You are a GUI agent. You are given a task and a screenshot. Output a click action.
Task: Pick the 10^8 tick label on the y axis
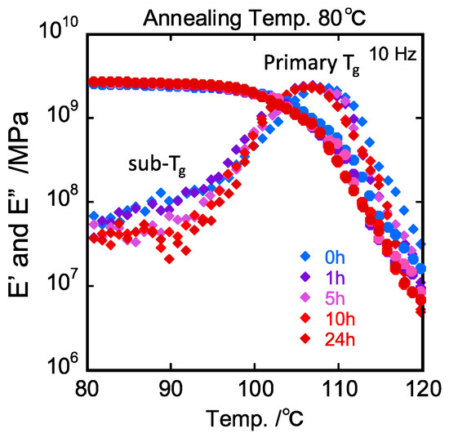tap(61, 200)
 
